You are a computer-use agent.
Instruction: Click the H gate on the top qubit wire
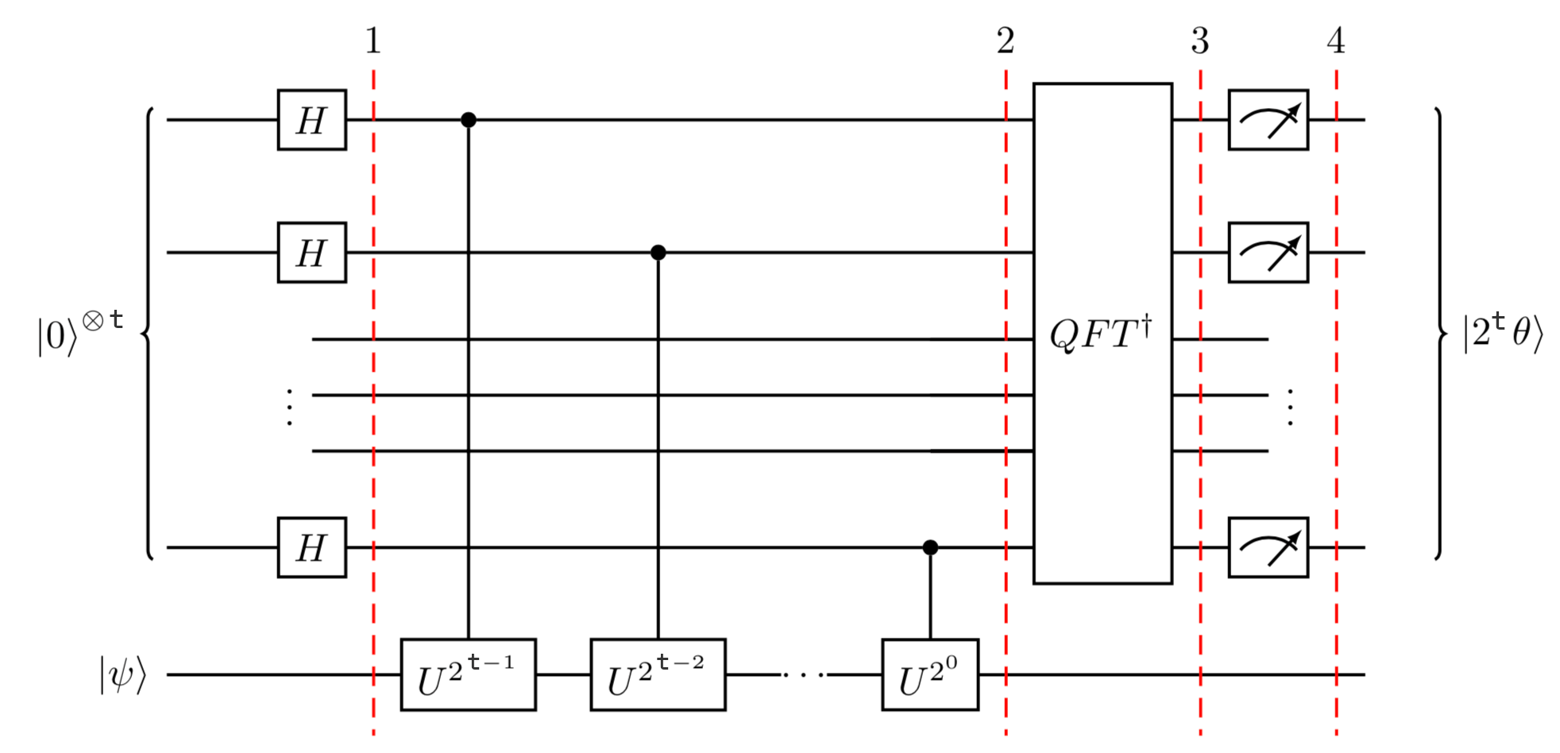pyautogui.click(x=311, y=120)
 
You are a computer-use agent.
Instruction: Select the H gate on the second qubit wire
pyautogui.click(x=311, y=253)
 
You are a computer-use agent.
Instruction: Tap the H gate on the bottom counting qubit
pyautogui.click(x=311, y=547)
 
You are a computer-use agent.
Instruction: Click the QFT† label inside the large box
pyautogui.click(x=1101, y=334)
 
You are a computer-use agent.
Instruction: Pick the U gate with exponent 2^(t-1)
pyautogui.click(x=468, y=674)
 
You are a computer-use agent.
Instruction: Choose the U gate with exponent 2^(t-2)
pyautogui.click(x=658, y=674)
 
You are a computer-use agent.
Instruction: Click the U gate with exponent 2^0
pyautogui.click(x=930, y=674)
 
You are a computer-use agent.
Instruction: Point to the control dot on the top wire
pyautogui.click(x=469, y=120)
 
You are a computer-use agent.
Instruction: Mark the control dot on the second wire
pyautogui.click(x=658, y=253)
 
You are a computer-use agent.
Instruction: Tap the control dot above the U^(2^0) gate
pyautogui.click(x=930, y=547)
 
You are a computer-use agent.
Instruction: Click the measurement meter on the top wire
pyautogui.click(x=1268, y=120)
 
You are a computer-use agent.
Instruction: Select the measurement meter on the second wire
pyautogui.click(x=1268, y=253)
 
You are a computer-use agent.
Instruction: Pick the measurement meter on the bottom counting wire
pyautogui.click(x=1268, y=547)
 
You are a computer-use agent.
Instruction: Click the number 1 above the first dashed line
pyautogui.click(x=373, y=41)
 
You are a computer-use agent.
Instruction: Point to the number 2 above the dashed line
pyautogui.click(x=1006, y=41)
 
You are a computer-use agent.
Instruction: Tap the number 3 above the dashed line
pyautogui.click(x=1200, y=41)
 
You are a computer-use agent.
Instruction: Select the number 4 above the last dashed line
pyautogui.click(x=1336, y=41)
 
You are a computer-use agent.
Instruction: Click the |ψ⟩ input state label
pyautogui.click(x=123, y=676)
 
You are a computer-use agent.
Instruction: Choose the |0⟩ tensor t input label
pyautogui.click(x=80, y=333)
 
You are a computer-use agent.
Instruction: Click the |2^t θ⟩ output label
pyautogui.click(x=1502, y=333)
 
